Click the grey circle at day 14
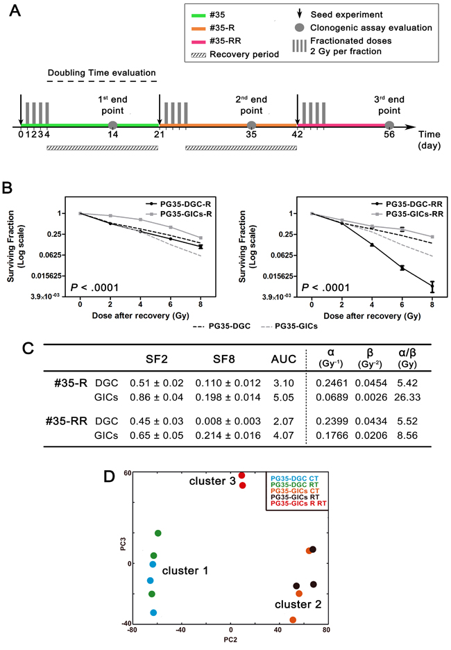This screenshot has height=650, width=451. click(113, 125)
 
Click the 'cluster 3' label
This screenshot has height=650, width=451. click(210, 481)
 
